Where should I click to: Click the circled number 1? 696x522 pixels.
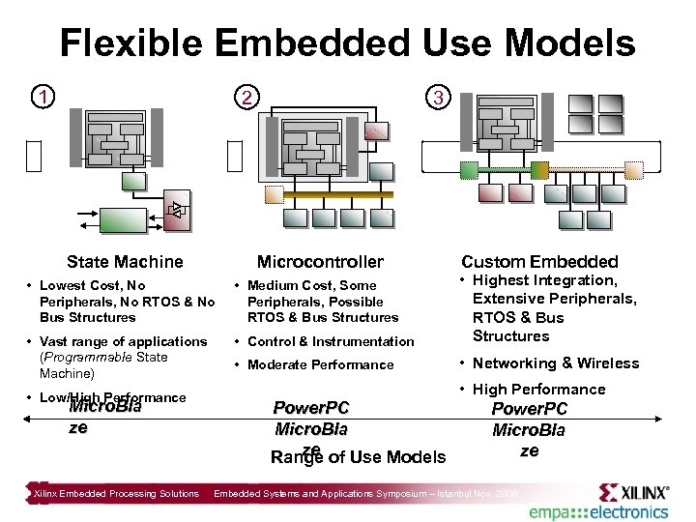coord(40,97)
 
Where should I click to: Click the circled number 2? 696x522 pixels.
coord(248,98)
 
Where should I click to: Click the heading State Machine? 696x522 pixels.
coord(125,262)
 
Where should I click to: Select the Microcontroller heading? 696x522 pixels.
coord(320,262)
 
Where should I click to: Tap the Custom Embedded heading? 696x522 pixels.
coord(539,262)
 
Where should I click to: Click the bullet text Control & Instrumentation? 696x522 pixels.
coord(331,341)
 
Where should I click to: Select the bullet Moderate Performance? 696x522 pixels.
coord(320,364)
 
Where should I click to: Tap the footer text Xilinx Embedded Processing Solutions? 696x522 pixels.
coord(117,494)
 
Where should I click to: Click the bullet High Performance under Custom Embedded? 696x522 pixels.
coord(538,390)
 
